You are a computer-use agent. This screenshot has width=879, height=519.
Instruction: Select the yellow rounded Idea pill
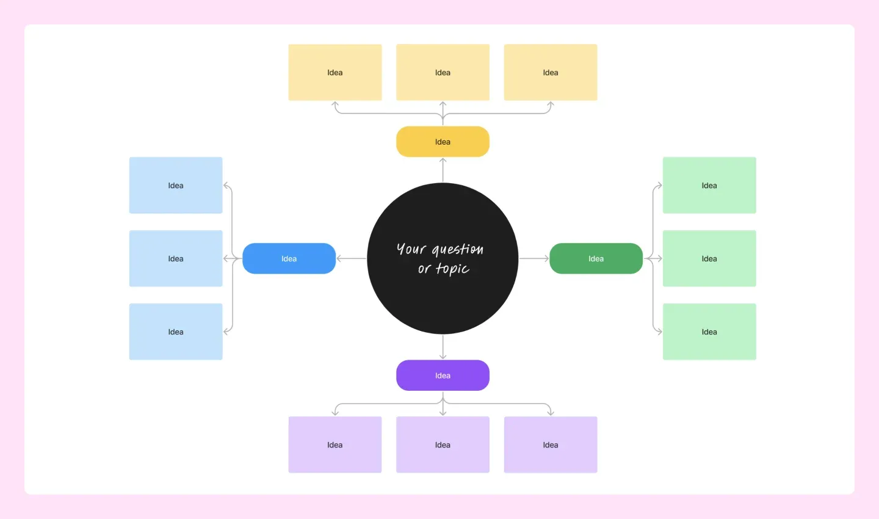point(443,142)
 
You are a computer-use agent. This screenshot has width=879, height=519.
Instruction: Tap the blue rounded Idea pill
point(289,258)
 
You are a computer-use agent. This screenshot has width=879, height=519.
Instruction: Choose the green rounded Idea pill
point(596,258)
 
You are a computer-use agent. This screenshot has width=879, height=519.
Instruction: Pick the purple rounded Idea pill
point(443,375)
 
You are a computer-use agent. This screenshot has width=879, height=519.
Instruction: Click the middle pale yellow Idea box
point(443,72)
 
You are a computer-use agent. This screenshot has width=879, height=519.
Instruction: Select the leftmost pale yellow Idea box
point(335,72)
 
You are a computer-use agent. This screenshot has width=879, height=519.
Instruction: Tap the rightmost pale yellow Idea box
point(550,72)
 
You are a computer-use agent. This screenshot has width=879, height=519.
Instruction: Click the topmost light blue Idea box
point(176,185)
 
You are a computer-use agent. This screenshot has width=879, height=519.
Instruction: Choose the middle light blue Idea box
point(176,258)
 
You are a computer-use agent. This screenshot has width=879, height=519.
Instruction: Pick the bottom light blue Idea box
point(176,332)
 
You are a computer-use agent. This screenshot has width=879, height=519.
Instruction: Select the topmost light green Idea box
point(709,185)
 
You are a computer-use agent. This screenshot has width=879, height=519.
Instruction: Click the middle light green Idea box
point(709,258)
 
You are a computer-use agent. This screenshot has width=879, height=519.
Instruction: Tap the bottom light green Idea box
point(709,332)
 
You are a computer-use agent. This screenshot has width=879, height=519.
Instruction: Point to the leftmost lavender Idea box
point(335,445)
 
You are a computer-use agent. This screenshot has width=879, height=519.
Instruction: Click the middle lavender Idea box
point(443,445)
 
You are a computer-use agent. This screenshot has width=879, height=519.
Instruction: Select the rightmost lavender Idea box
point(550,445)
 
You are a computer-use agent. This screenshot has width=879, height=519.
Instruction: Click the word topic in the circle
point(453,269)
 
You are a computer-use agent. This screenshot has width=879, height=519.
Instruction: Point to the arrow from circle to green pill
point(534,258)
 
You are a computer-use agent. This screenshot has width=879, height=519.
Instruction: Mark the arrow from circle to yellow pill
point(443,170)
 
